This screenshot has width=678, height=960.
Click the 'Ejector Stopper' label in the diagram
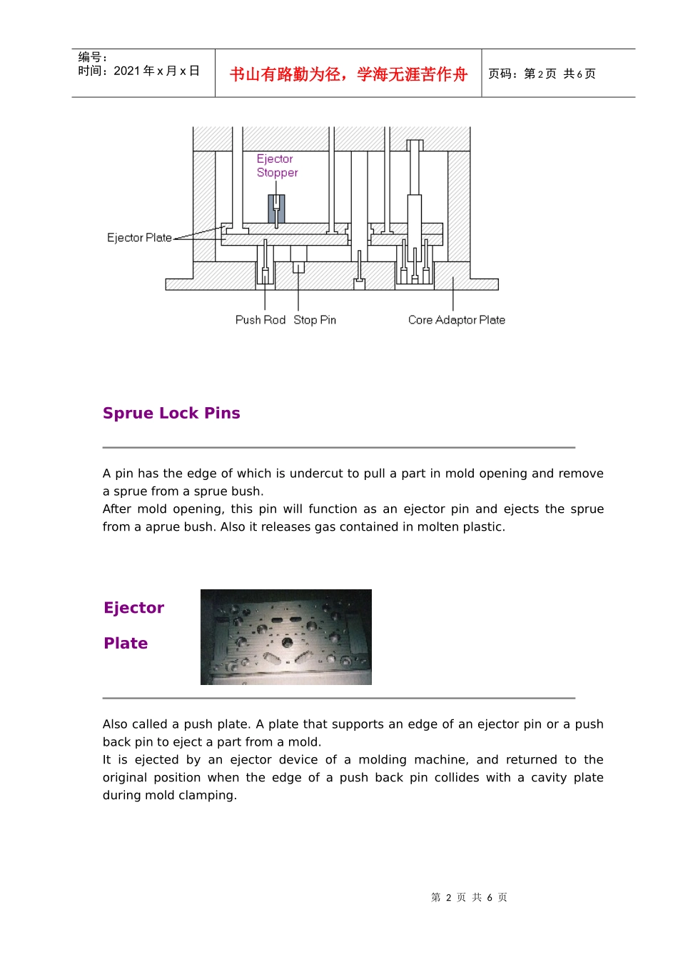click(277, 166)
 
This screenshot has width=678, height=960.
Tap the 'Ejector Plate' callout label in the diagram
click(139, 238)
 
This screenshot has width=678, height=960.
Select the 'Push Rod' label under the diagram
click(260, 320)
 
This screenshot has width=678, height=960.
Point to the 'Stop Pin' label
click(315, 320)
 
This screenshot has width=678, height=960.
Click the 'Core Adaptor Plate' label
click(456, 320)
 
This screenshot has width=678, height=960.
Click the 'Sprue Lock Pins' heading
click(171, 414)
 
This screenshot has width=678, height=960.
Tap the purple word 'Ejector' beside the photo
click(133, 608)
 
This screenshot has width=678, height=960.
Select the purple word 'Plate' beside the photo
click(126, 644)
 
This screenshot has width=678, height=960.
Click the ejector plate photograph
click(285, 636)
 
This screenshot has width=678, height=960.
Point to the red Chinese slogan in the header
click(348, 74)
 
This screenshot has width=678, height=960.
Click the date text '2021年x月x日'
click(156, 71)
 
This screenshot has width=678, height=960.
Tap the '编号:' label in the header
click(92, 57)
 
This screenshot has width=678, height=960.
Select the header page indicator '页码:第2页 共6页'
click(542, 74)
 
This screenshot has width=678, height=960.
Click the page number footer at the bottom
click(469, 897)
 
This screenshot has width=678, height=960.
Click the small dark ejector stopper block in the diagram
click(276, 209)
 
